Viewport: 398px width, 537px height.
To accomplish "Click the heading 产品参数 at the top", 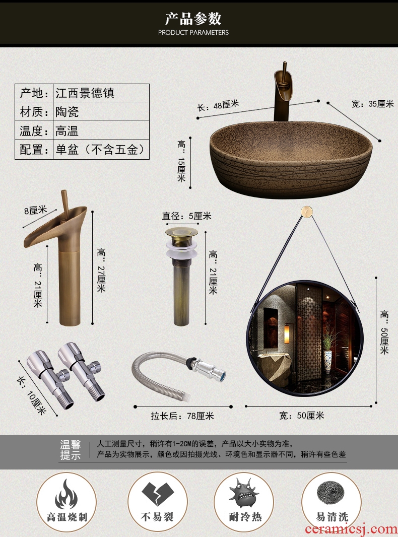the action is coord(193,19).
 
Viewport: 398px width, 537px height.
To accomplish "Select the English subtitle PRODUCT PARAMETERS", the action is coord(193,33).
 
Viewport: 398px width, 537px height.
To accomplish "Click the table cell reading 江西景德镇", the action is coord(85,93).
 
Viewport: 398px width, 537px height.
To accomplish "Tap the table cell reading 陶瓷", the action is coord(67,112).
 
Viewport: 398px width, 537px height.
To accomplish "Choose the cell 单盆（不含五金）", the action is coord(100,149).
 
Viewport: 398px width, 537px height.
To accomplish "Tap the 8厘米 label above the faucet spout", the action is coord(35,210).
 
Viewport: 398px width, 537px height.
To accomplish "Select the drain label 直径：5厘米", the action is coord(187,216).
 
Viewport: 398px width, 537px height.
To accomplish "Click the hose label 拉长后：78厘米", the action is coord(182,416).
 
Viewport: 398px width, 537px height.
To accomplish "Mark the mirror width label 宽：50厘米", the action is coord(301,416).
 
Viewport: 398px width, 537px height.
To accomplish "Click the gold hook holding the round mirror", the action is coord(307,211).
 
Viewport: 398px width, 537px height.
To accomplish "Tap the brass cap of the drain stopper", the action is coord(181,233).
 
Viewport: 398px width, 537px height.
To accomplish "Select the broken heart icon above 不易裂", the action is coord(158,494).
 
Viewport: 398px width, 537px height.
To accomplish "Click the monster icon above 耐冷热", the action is coord(243,494).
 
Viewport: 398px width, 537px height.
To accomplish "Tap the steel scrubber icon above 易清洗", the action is coord(331,493).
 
